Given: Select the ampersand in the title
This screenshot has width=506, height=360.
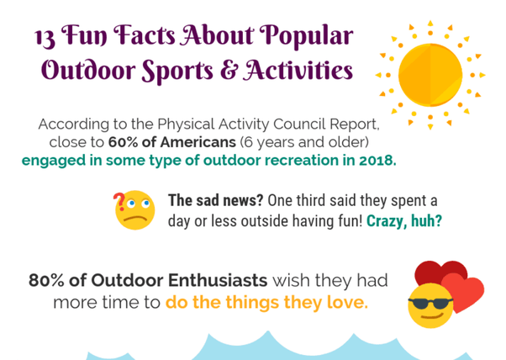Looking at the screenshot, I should [203, 70].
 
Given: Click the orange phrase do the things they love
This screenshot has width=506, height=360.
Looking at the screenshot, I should [266, 302].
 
